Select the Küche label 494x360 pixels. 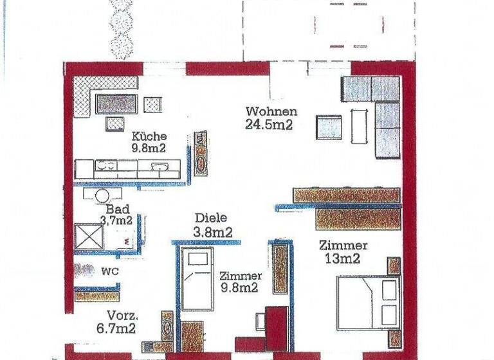point(149,136)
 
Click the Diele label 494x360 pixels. point(212,218)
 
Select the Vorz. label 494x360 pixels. point(122,316)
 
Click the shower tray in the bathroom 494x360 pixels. point(89,236)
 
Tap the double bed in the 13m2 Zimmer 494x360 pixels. point(367,301)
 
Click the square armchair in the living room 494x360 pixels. point(328,127)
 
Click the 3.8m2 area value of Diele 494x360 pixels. point(212,231)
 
